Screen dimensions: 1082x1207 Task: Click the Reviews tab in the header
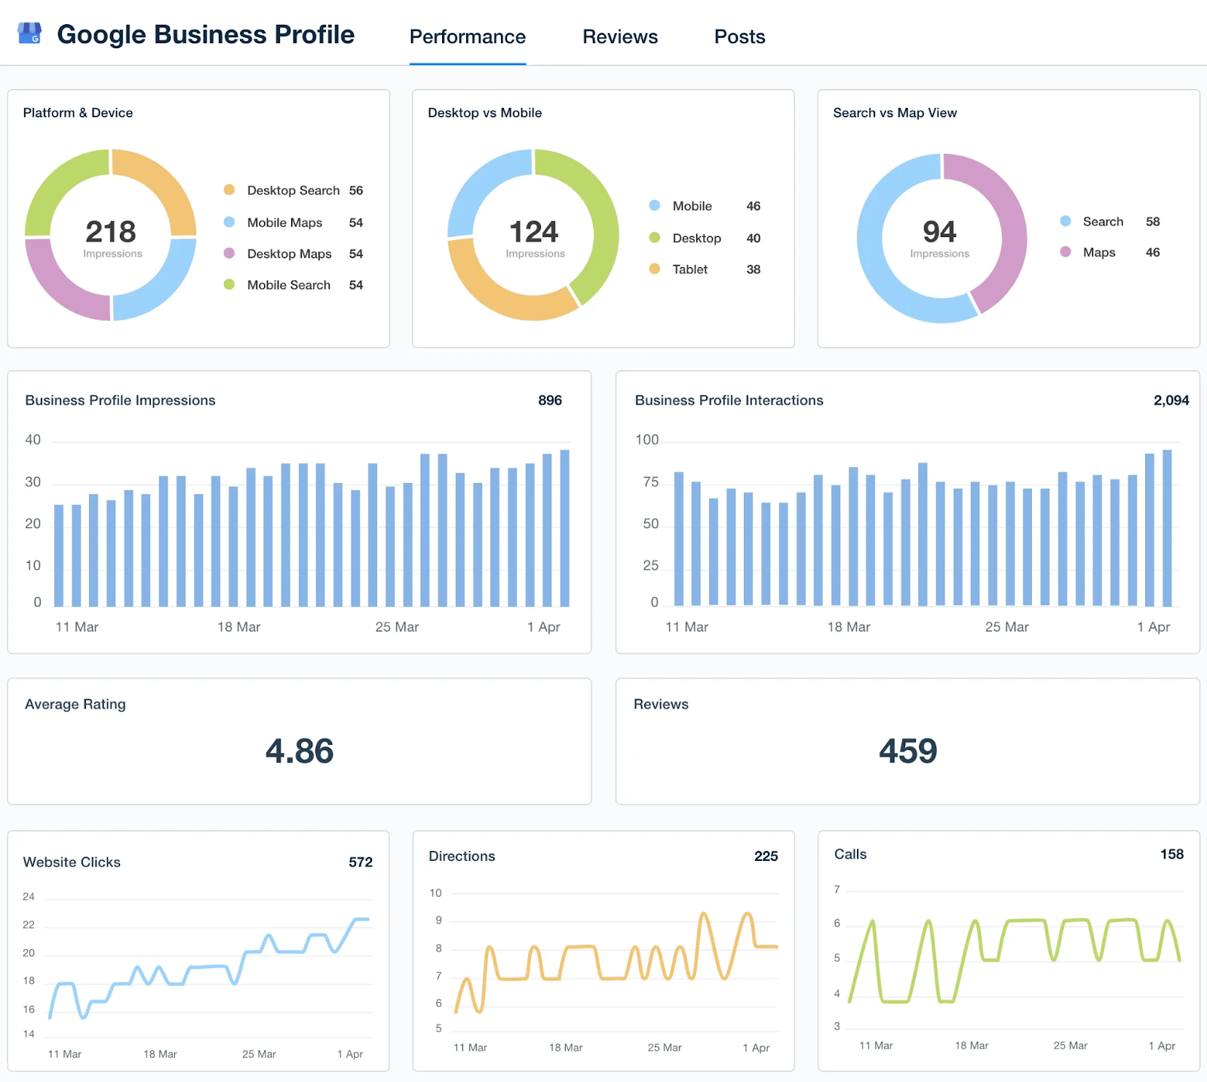pyautogui.click(x=619, y=37)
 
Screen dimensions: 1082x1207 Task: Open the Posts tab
pyautogui.click(x=739, y=37)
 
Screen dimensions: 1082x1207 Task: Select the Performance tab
pyautogui.click(x=467, y=37)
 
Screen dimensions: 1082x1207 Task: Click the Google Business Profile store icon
pyautogui.click(x=29, y=34)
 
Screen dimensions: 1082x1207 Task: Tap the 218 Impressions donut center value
pyautogui.click(x=111, y=232)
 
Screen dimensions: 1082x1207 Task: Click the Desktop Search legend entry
pyautogui.click(x=293, y=191)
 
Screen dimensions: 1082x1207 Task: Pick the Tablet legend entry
pyautogui.click(x=689, y=269)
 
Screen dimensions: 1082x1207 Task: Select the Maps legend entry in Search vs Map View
pyautogui.click(x=1098, y=253)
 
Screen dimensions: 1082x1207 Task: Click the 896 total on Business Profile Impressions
pyautogui.click(x=549, y=401)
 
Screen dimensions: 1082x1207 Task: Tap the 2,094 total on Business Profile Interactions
pyautogui.click(x=1170, y=401)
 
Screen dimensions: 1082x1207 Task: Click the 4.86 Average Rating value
pyautogui.click(x=299, y=751)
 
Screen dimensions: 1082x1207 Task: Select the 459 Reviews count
pyautogui.click(x=908, y=751)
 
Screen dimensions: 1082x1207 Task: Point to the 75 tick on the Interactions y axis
pyautogui.click(x=650, y=482)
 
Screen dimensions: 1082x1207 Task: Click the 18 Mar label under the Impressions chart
pyautogui.click(x=238, y=627)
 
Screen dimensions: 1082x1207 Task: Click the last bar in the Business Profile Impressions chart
pyautogui.click(x=564, y=528)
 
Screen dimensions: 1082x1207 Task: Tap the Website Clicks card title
pyautogui.click(x=72, y=862)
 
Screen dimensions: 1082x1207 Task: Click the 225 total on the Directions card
pyautogui.click(x=766, y=856)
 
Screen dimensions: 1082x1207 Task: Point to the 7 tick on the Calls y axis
pyautogui.click(x=837, y=890)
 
